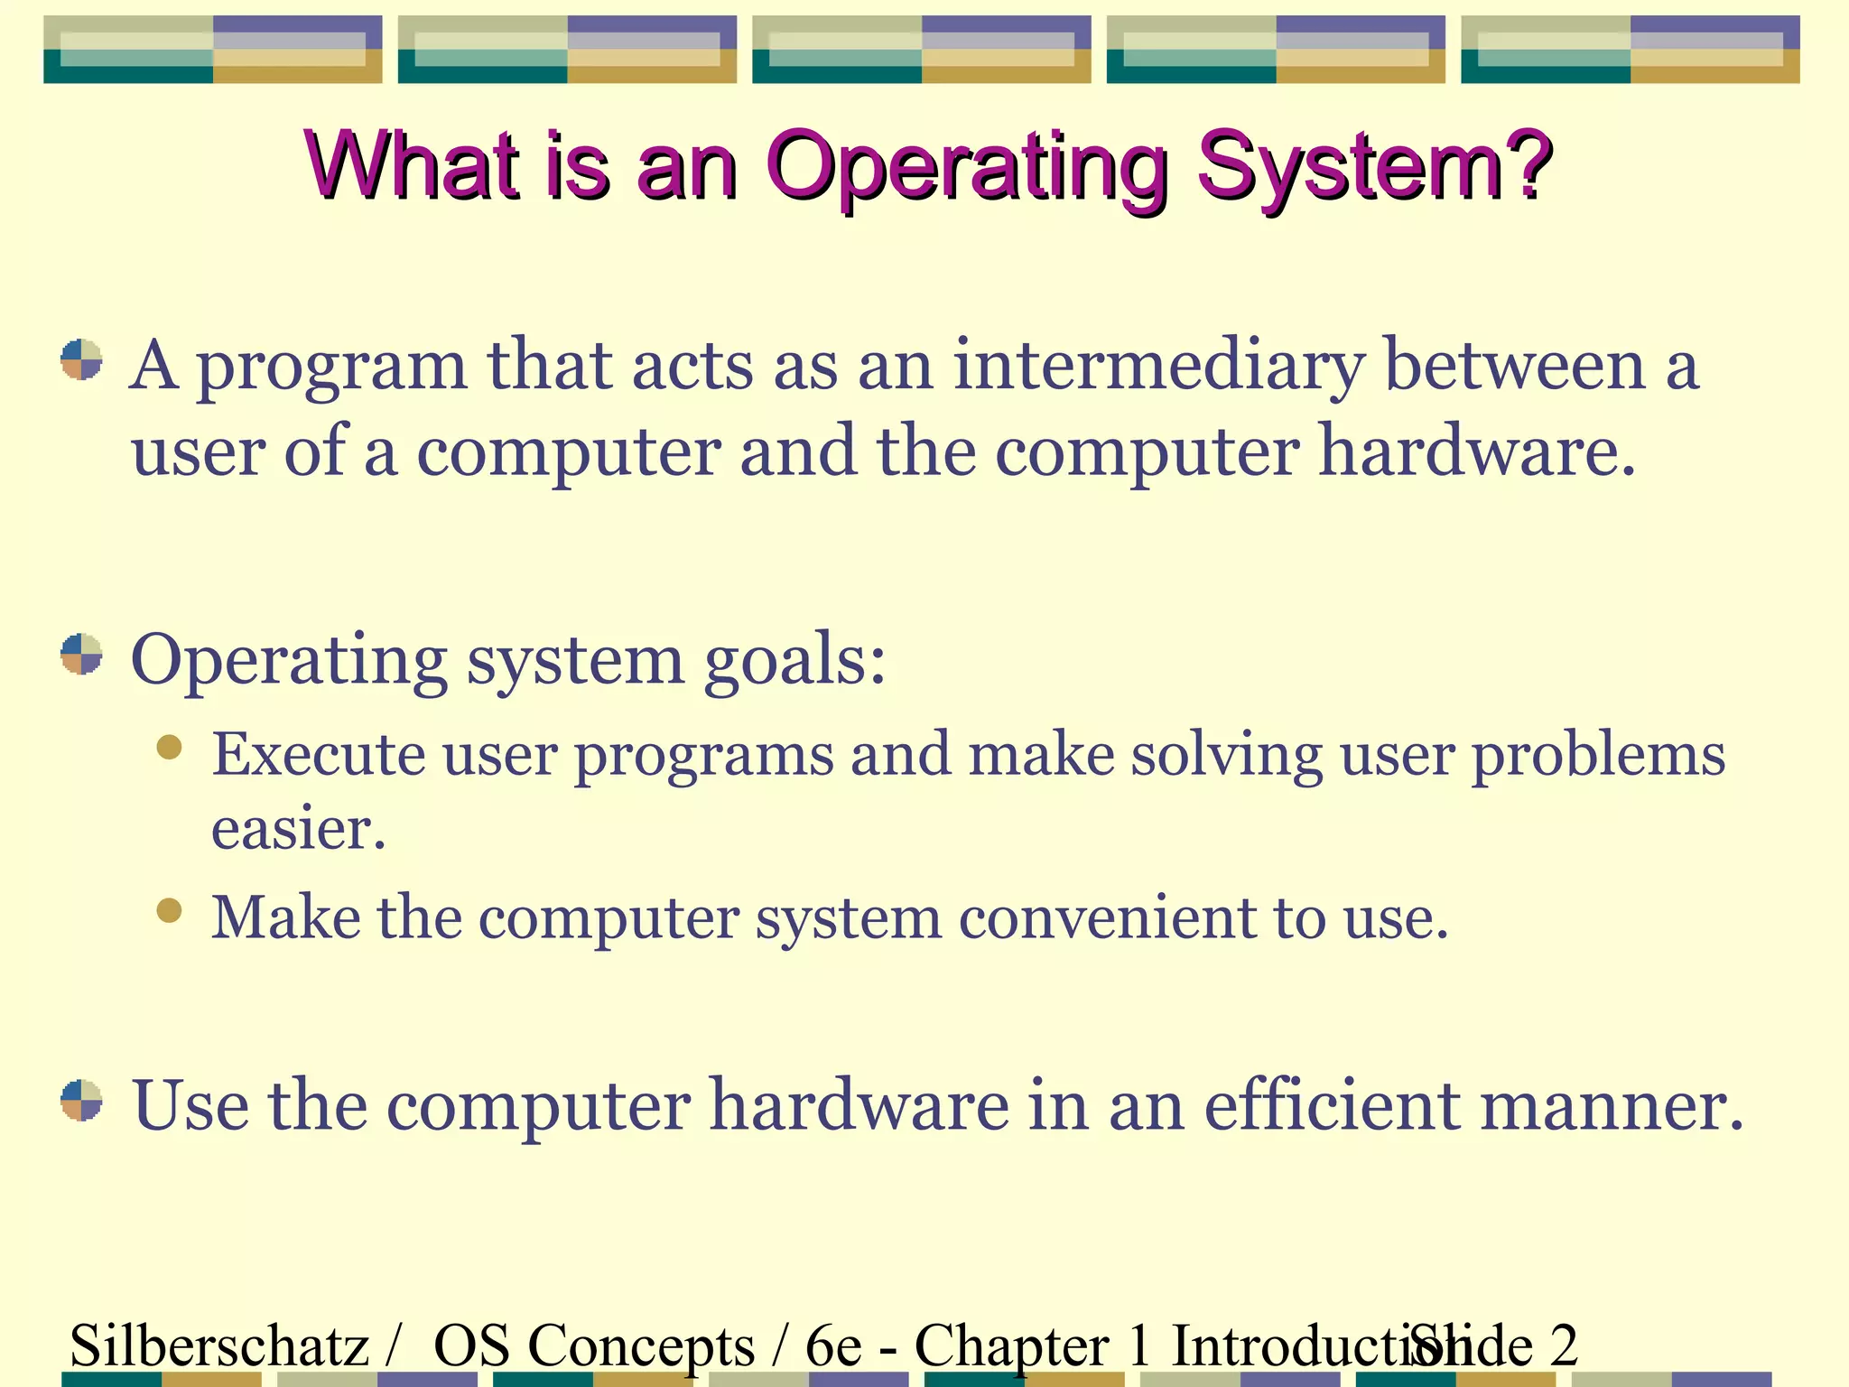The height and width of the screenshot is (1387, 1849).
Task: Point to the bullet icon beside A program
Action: pos(81,359)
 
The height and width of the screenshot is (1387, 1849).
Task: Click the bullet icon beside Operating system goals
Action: pos(81,654)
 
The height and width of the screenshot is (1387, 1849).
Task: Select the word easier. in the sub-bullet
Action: pos(298,828)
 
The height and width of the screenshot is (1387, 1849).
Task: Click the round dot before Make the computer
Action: pos(169,909)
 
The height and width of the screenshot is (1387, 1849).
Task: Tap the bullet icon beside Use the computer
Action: pos(81,1100)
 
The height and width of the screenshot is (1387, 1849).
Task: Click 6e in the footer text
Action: pos(833,1345)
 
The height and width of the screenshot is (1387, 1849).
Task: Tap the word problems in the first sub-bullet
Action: pos(1598,756)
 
